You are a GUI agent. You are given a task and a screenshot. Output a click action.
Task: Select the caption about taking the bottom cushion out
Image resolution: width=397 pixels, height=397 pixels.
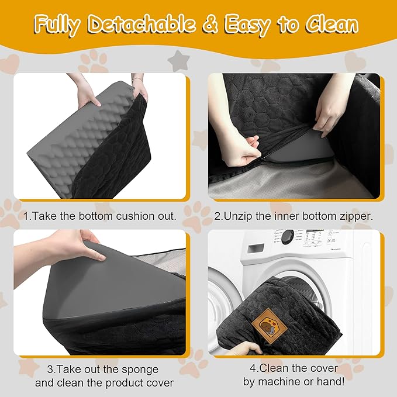(x=100, y=216)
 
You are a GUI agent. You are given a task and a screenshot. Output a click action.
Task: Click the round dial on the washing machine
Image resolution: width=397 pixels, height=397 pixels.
(x=288, y=236)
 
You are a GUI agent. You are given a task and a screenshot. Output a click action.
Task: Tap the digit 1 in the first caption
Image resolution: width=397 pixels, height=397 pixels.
(x=26, y=216)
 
